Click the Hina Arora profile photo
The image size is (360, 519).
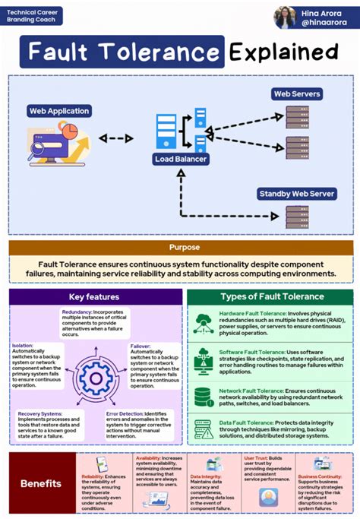pos(288,17)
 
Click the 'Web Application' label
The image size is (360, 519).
pos(58,111)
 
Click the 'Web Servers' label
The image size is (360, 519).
pos(296,94)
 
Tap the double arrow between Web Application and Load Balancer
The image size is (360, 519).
pos(115,139)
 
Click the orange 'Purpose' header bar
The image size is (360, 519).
pos(180,247)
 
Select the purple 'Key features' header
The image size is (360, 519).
pos(93,296)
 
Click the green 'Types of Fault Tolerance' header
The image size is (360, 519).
pos(271,296)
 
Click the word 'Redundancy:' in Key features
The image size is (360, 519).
pos(77,312)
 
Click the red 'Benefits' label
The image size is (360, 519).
pos(40,484)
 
